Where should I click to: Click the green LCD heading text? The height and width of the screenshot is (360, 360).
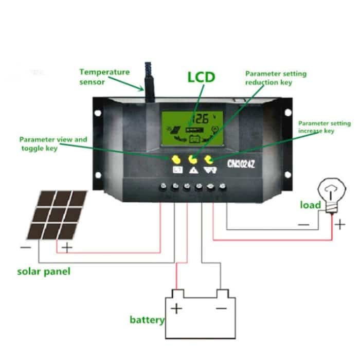tap(201, 78)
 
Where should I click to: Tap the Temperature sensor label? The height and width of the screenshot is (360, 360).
tap(104, 77)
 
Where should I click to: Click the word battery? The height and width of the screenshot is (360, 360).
tap(147, 320)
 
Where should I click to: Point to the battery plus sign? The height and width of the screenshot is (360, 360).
tap(176, 309)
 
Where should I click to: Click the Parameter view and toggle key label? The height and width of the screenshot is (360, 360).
tap(53, 143)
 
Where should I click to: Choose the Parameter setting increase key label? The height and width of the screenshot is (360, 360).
tap(324, 127)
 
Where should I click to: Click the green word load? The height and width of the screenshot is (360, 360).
tap(311, 205)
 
